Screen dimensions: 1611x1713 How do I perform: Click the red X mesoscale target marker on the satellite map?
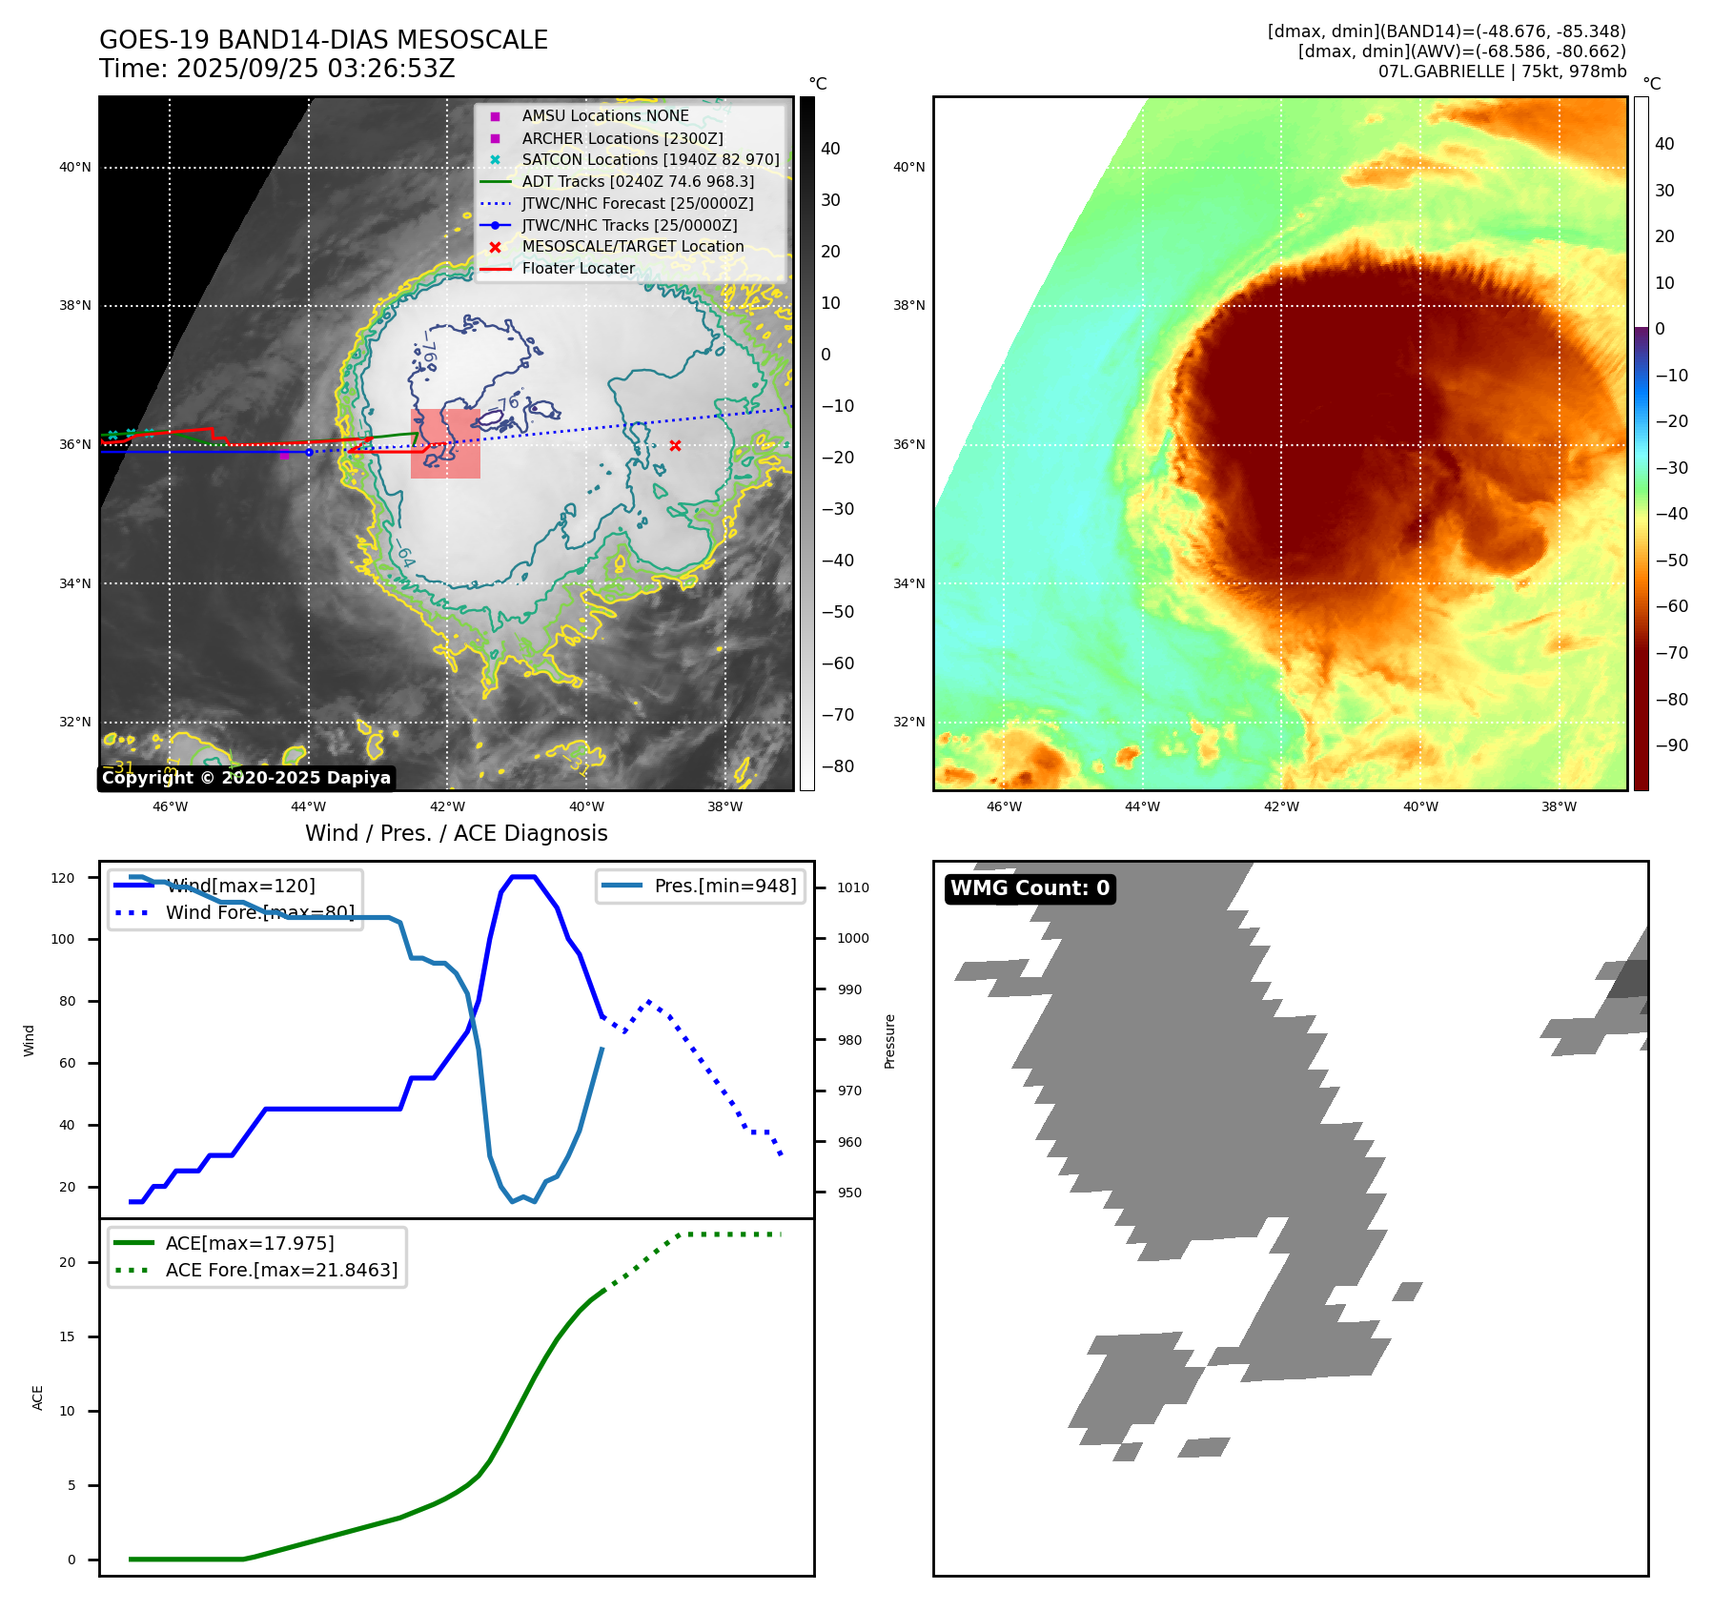click(675, 445)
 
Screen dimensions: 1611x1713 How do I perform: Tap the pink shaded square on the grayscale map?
click(445, 443)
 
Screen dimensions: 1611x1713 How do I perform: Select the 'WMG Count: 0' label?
click(1030, 888)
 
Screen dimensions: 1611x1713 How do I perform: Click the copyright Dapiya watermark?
click(246, 778)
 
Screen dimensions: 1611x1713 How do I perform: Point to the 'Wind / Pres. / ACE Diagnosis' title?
click(456, 833)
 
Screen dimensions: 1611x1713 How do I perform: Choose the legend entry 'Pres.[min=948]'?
click(724, 886)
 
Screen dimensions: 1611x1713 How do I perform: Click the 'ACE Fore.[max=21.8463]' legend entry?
click(281, 1270)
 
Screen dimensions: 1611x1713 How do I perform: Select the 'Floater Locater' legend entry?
click(578, 268)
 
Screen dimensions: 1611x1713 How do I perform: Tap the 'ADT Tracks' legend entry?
click(637, 181)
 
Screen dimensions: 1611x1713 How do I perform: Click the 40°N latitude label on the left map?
click(75, 167)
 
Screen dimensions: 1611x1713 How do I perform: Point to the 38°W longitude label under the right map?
click(1559, 806)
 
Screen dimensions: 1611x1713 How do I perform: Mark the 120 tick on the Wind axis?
click(63, 878)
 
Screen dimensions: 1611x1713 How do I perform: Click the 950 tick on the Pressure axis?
click(849, 1193)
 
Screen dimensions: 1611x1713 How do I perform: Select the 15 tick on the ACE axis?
click(67, 1336)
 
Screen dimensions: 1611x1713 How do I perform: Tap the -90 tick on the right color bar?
click(1671, 745)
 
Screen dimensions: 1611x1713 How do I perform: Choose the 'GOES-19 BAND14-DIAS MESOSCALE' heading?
click(323, 40)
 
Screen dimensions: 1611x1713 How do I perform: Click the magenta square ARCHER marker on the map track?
click(284, 455)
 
